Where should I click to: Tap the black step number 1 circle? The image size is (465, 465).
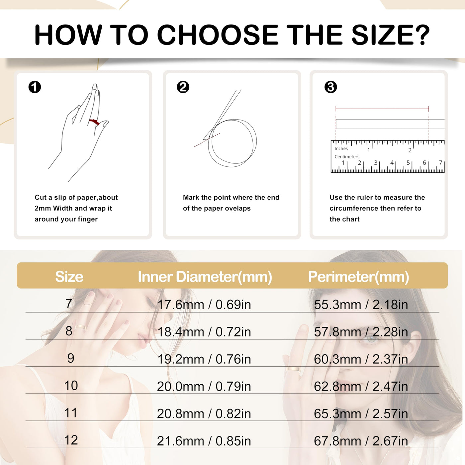point(35,87)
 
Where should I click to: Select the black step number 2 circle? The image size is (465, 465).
point(183,87)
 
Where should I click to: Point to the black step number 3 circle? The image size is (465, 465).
point(330,87)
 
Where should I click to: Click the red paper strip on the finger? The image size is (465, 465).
point(94,122)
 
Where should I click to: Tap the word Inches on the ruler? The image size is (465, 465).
point(341,149)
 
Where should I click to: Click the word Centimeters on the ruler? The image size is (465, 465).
point(347,157)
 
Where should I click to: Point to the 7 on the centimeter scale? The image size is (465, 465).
point(440,163)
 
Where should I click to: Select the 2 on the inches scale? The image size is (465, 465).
point(410,150)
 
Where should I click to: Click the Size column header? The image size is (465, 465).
point(69,277)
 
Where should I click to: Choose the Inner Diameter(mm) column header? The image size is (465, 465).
point(205,277)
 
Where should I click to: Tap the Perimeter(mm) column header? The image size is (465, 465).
point(358,277)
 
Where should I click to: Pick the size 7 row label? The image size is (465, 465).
point(69,304)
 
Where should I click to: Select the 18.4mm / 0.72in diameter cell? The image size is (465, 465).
point(204,332)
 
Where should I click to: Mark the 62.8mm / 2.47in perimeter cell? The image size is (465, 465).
point(361,386)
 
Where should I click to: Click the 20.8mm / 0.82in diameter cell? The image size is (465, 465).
point(204,414)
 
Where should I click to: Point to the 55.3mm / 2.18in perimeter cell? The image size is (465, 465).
point(361,305)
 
